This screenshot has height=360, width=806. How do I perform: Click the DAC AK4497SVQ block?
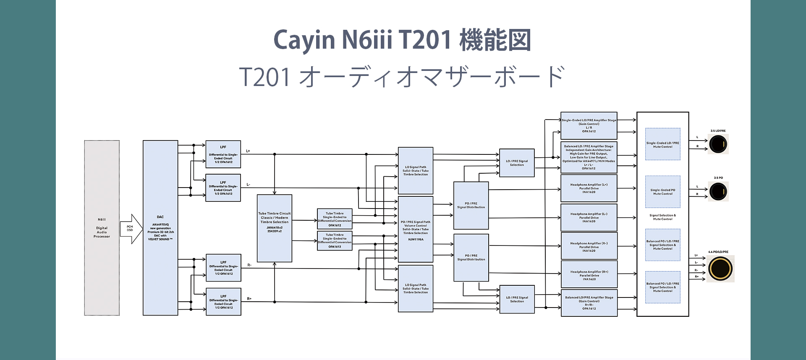pyautogui.click(x=160, y=228)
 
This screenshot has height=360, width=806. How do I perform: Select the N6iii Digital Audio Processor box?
pyautogui.click(x=102, y=228)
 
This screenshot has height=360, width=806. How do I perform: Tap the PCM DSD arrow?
pyautogui.click(x=131, y=229)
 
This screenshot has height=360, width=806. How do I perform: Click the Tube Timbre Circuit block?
pyautogui.click(x=275, y=228)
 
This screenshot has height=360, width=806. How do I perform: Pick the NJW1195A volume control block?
pyautogui.click(x=415, y=230)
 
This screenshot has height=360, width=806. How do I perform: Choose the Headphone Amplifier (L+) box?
pyautogui.click(x=589, y=188)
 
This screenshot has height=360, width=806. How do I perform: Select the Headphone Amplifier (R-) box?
pyautogui.click(x=589, y=247)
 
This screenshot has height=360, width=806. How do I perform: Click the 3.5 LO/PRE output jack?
pyautogui.click(x=718, y=145)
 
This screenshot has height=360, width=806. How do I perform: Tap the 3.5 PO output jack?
pyautogui.click(x=718, y=192)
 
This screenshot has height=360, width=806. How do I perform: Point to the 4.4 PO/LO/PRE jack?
pyautogui.click(x=720, y=269)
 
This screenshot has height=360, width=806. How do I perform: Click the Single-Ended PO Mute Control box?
pyautogui.click(x=662, y=192)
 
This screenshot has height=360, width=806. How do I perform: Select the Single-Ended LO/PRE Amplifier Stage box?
pyautogui.click(x=589, y=125)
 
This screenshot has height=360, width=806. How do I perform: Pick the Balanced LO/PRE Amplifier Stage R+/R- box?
pyautogui.click(x=589, y=303)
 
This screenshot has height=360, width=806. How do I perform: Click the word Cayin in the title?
pyautogui.click(x=304, y=40)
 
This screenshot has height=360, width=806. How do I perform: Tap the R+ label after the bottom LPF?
pyautogui.click(x=249, y=299)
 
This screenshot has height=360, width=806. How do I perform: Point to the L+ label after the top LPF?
pyautogui.click(x=248, y=151)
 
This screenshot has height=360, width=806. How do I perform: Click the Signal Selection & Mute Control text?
pyautogui.click(x=662, y=217)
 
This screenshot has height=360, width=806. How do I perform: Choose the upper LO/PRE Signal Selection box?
pyautogui.click(x=517, y=163)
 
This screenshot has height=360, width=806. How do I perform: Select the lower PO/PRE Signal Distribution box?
pyautogui.click(x=471, y=257)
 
